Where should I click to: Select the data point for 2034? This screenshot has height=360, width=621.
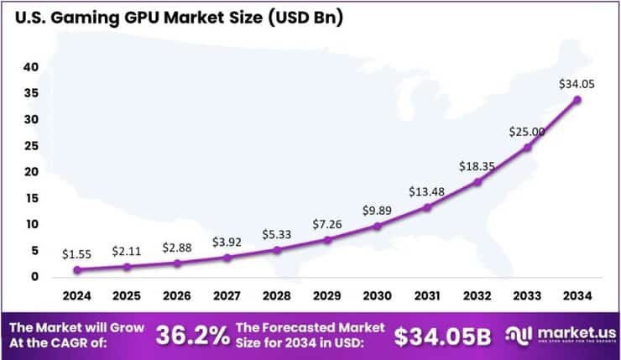tap(577, 100)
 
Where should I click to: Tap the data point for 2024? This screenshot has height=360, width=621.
tap(77, 269)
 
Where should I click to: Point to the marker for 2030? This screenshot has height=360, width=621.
tap(377, 226)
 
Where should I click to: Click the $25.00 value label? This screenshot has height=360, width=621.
tap(528, 132)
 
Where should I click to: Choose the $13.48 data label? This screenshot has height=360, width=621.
tap(427, 192)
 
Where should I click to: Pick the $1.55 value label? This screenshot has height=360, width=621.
tap(77, 253)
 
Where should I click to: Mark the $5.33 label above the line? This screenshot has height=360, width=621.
tap(277, 232)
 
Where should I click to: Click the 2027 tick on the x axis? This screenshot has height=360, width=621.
tap(227, 296)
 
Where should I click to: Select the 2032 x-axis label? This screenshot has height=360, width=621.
tap(477, 296)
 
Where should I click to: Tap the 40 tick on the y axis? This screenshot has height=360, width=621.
tap(31, 66)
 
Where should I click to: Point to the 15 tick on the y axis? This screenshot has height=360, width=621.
tap(31, 198)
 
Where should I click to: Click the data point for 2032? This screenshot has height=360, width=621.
tap(477, 181)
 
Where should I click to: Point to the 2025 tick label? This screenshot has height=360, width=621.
tap(127, 296)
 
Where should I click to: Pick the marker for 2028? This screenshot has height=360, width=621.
tap(277, 249)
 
